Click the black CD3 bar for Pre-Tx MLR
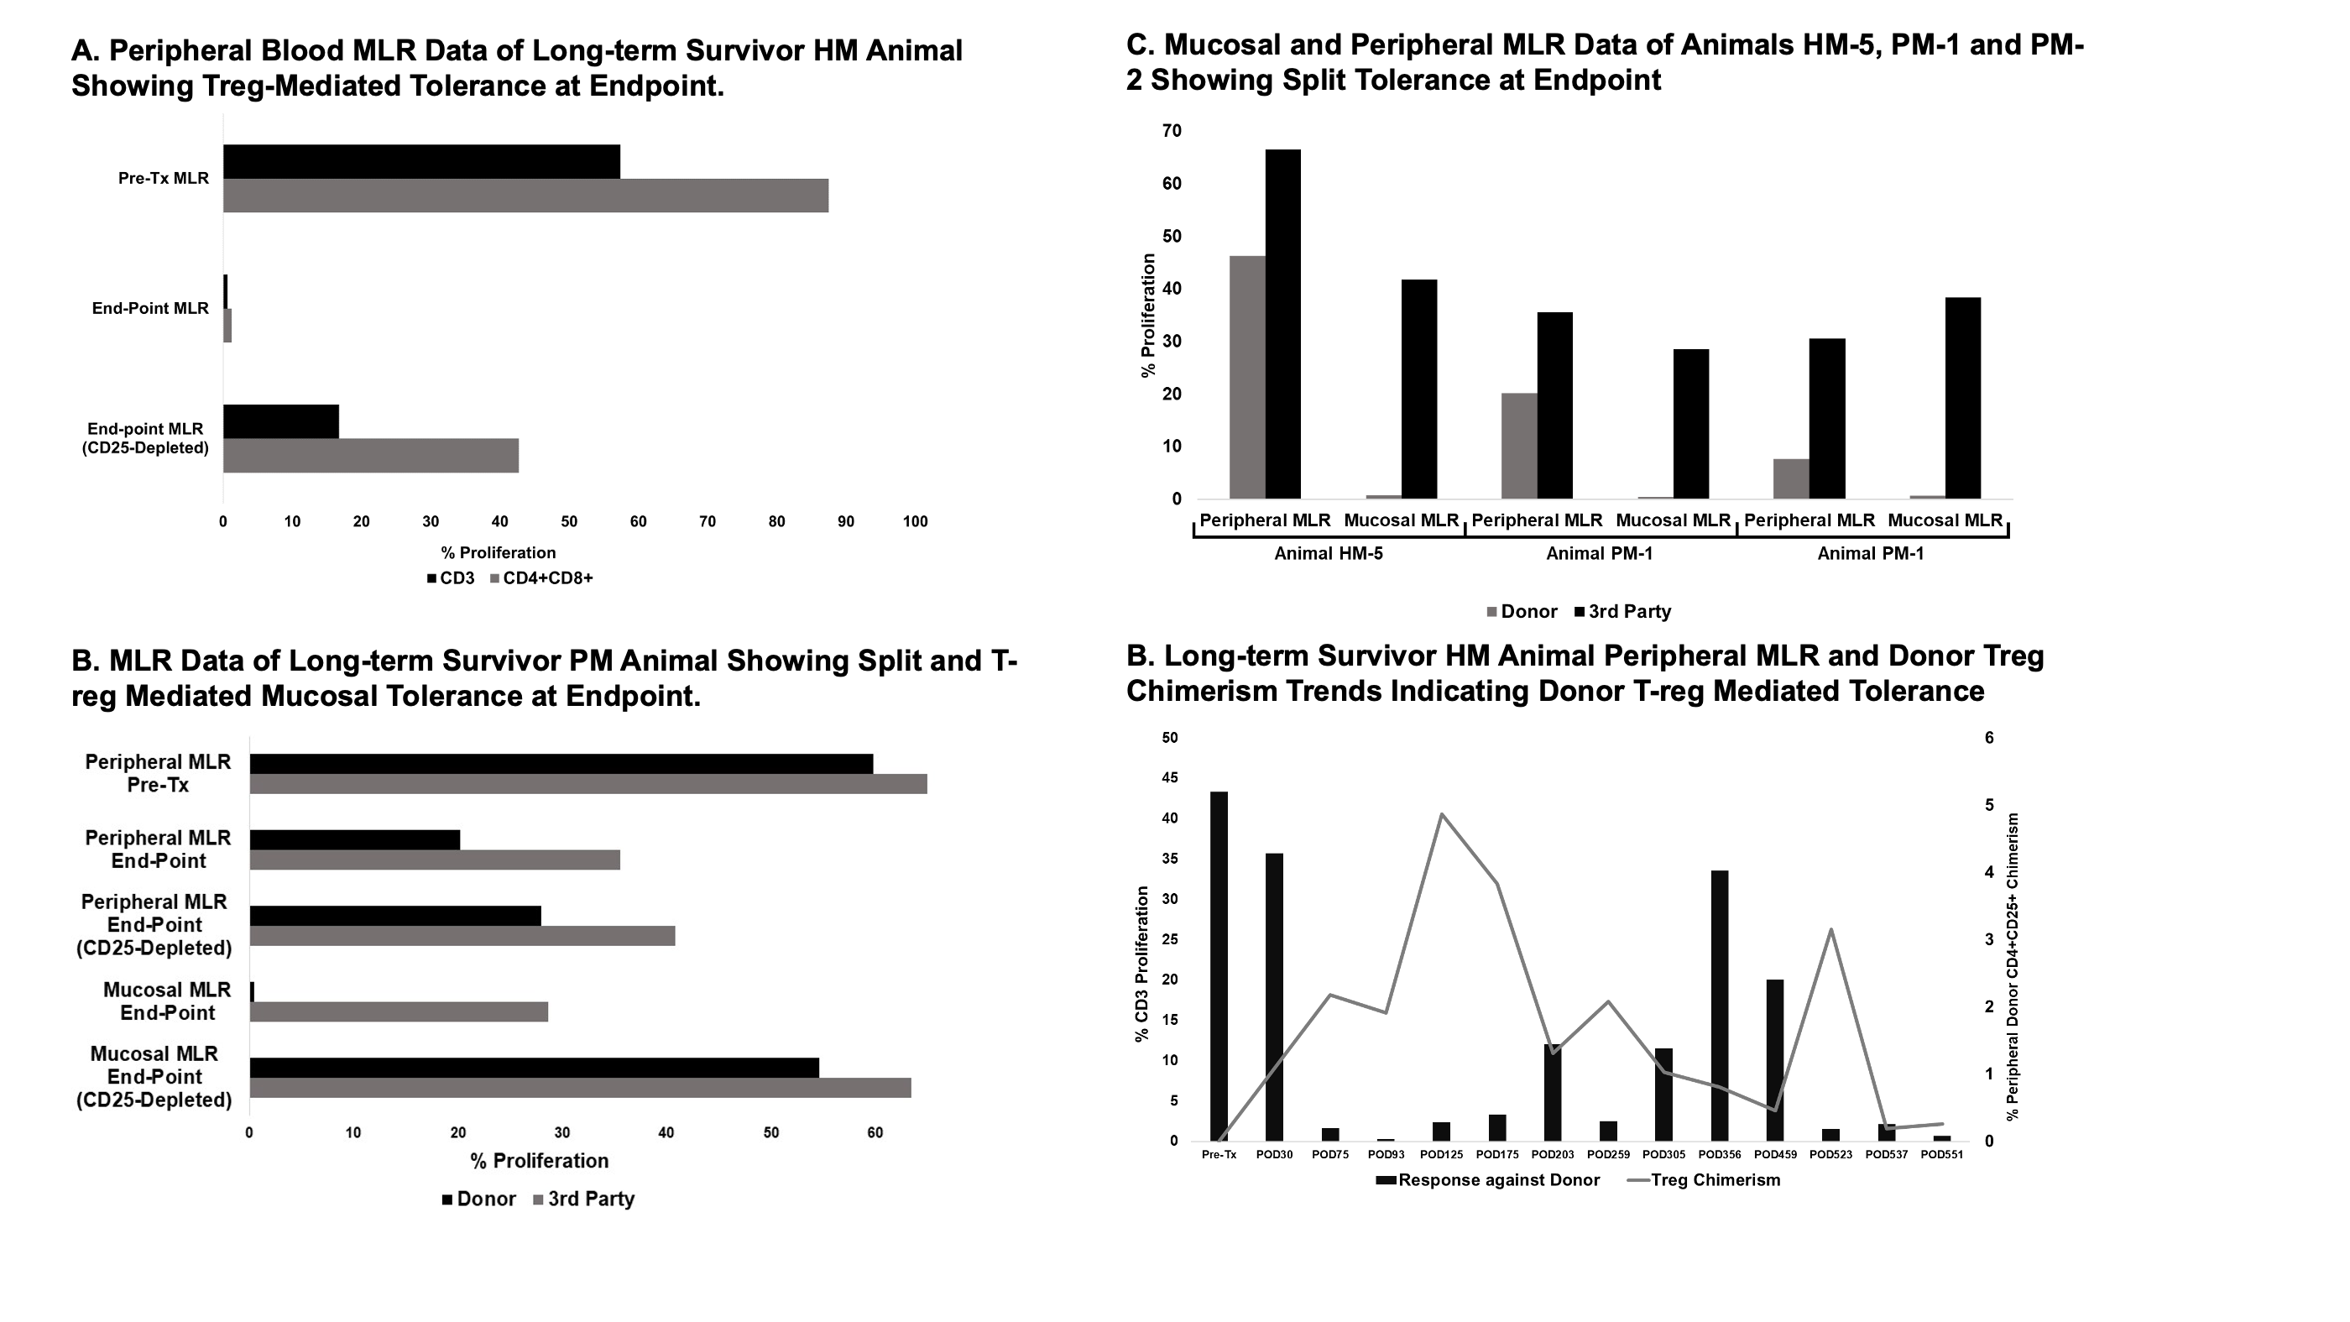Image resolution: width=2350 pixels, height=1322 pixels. [x=421, y=161]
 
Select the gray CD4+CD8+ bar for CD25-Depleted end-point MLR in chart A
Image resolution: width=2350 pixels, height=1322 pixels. [x=370, y=455]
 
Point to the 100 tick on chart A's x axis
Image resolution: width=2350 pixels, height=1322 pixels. [x=915, y=522]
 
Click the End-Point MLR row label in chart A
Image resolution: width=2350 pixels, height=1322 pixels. [x=150, y=308]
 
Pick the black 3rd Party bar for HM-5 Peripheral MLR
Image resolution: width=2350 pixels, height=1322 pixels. [x=1282, y=324]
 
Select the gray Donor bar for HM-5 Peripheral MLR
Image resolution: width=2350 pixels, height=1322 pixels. [x=1247, y=377]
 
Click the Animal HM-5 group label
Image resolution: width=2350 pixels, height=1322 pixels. [x=1329, y=554]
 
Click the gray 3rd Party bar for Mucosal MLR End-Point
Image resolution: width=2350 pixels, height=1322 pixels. [x=399, y=1011]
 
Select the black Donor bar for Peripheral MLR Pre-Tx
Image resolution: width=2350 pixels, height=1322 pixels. [x=561, y=764]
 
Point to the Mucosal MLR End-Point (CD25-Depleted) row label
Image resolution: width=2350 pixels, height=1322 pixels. [x=154, y=1078]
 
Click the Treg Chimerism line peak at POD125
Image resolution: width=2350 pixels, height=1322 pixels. [x=1441, y=814]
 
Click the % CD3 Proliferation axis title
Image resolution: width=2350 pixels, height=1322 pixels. [x=1141, y=964]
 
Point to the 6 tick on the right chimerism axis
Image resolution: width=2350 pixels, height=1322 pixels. [x=1990, y=738]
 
